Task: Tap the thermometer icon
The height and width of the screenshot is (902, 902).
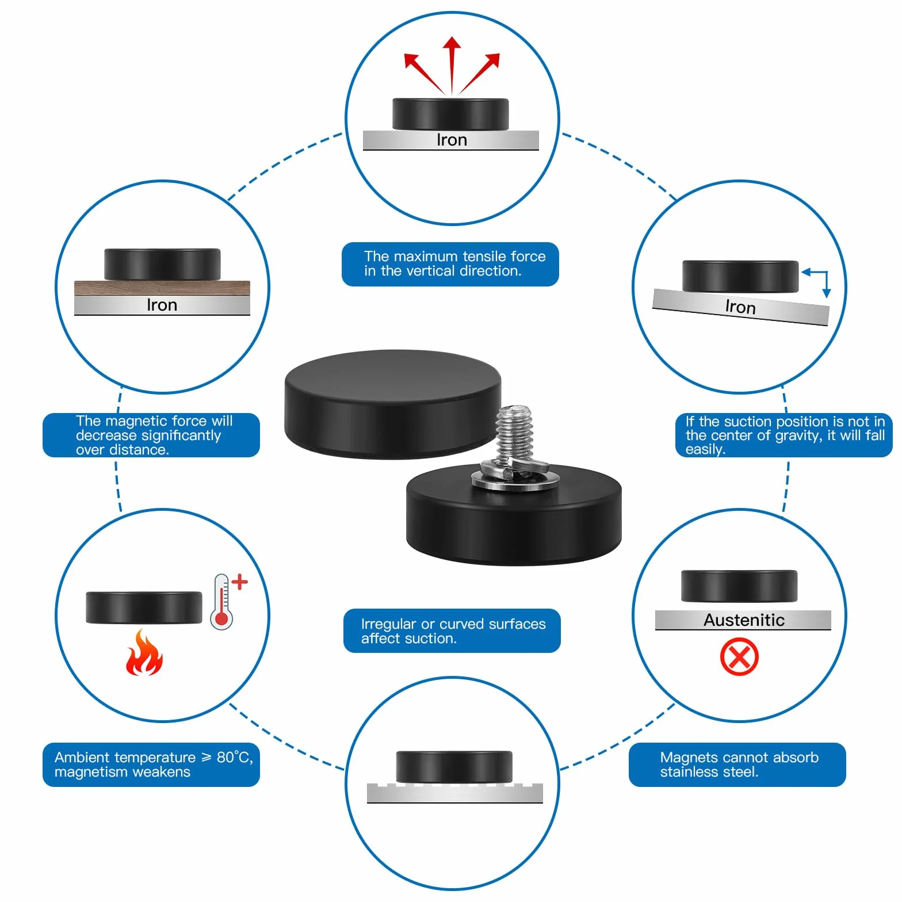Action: (x=222, y=602)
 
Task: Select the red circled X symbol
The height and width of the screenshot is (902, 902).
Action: (x=739, y=656)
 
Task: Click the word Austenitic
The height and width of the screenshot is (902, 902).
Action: (x=744, y=620)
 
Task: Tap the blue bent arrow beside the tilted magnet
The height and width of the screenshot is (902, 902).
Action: (x=817, y=282)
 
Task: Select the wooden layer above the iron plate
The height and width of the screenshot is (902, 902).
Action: (x=162, y=288)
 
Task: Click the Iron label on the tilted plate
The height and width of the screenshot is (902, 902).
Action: (x=740, y=307)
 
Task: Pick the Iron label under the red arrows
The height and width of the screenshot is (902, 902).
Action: (x=452, y=140)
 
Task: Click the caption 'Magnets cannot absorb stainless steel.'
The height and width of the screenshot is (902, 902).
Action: (x=739, y=765)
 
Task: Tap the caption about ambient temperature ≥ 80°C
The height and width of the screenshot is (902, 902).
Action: (x=154, y=765)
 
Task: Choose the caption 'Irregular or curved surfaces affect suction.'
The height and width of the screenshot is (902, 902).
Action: (x=453, y=631)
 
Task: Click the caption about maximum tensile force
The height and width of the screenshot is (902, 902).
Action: (x=454, y=263)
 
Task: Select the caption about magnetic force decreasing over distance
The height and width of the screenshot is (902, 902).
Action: (x=154, y=435)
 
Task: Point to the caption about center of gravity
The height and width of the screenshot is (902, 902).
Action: (x=785, y=435)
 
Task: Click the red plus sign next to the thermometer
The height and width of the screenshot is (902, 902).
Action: (x=239, y=582)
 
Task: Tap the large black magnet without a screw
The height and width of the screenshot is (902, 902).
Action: (x=392, y=404)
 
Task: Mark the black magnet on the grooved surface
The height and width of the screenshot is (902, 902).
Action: (x=454, y=766)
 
